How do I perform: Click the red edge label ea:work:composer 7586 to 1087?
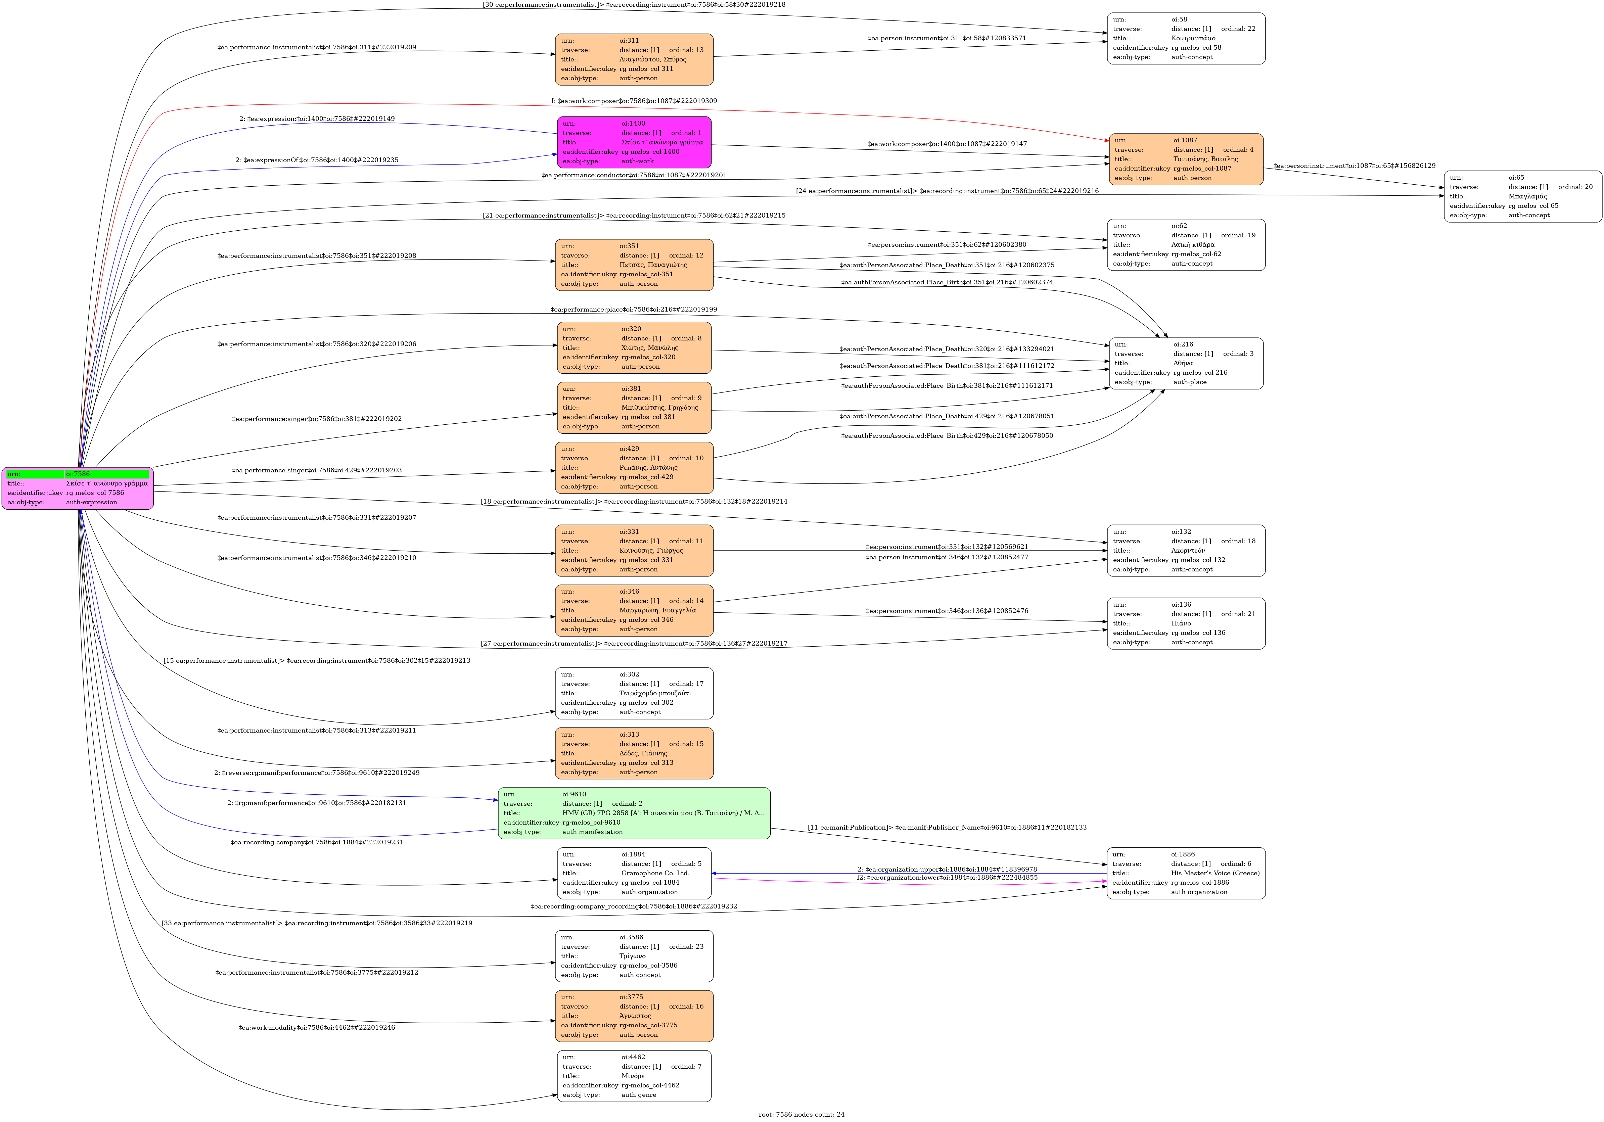click(x=634, y=101)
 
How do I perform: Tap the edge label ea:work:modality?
click(x=317, y=1028)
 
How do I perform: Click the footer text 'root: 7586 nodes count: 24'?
click(x=801, y=1114)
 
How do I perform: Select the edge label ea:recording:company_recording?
click(x=634, y=907)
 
